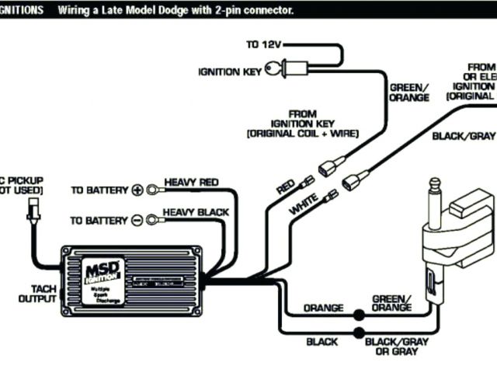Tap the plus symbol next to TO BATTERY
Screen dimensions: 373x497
(x=137, y=190)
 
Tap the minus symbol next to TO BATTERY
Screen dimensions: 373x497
(x=137, y=220)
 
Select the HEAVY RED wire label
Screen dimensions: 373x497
(x=191, y=182)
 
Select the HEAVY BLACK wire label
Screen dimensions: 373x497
(x=196, y=211)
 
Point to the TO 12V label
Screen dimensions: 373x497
(x=263, y=45)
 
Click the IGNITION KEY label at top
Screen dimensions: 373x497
(x=229, y=72)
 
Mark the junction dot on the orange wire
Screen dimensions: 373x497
(x=359, y=315)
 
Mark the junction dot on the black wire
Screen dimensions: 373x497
(x=359, y=333)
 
